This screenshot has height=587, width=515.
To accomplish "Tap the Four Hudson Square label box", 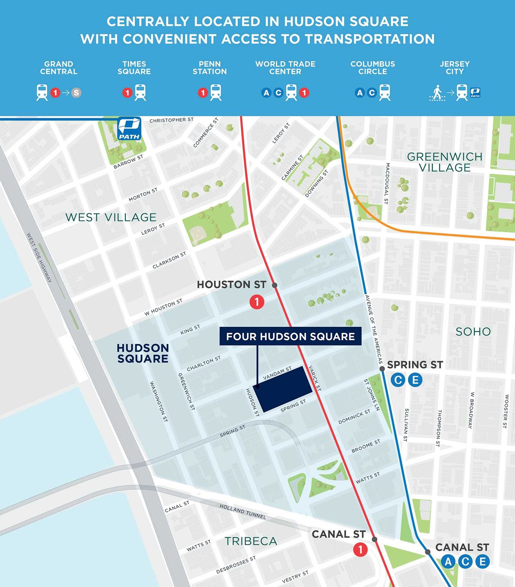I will (x=291, y=337).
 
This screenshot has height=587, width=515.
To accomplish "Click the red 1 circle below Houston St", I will (x=257, y=302).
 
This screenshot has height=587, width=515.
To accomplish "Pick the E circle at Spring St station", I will (x=415, y=380).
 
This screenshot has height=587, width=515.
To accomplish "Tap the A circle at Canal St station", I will (x=448, y=561).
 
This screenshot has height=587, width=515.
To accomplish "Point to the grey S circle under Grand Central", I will (x=76, y=93).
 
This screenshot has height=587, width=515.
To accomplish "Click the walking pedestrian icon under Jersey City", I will (x=437, y=93).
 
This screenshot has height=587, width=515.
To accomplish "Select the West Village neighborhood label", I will (x=111, y=217).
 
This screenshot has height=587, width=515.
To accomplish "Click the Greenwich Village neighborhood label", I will (x=445, y=162).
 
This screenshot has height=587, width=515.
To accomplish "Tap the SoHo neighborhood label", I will (x=473, y=332).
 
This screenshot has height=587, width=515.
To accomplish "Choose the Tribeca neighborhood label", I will (x=251, y=541).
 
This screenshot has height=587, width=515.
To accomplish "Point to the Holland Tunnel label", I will (x=242, y=511).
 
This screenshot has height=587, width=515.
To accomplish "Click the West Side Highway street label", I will (x=39, y=258).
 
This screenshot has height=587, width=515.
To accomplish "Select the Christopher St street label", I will (x=171, y=120).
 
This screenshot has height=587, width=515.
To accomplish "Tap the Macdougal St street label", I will (x=387, y=183).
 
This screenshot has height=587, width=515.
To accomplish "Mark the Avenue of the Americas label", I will (x=373, y=329).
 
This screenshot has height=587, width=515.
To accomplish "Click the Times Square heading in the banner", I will (x=134, y=68).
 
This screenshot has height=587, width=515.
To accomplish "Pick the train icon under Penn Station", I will (x=216, y=93).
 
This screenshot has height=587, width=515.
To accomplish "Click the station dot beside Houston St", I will (x=275, y=285).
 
